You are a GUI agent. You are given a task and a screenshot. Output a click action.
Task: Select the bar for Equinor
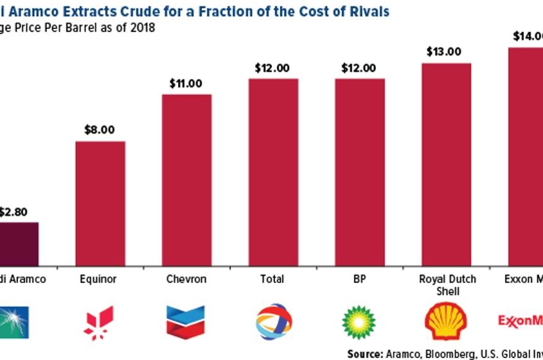click(100, 203)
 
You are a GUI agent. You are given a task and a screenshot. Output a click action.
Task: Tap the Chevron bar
click(186, 179)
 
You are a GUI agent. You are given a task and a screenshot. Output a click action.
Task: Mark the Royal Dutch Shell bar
click(446, 164)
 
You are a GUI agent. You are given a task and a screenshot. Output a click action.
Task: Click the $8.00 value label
click(100, 130)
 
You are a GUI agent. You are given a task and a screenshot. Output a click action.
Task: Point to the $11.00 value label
click(186, 83)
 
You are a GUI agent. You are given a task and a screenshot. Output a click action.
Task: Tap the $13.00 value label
click(446, 52)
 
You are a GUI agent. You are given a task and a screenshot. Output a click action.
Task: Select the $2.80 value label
click(13, 211)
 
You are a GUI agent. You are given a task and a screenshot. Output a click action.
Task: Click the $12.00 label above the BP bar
click(360, 67)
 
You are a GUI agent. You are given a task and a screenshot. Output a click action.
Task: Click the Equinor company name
click(100, 280)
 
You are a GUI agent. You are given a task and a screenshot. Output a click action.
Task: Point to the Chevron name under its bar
click(186, 280)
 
